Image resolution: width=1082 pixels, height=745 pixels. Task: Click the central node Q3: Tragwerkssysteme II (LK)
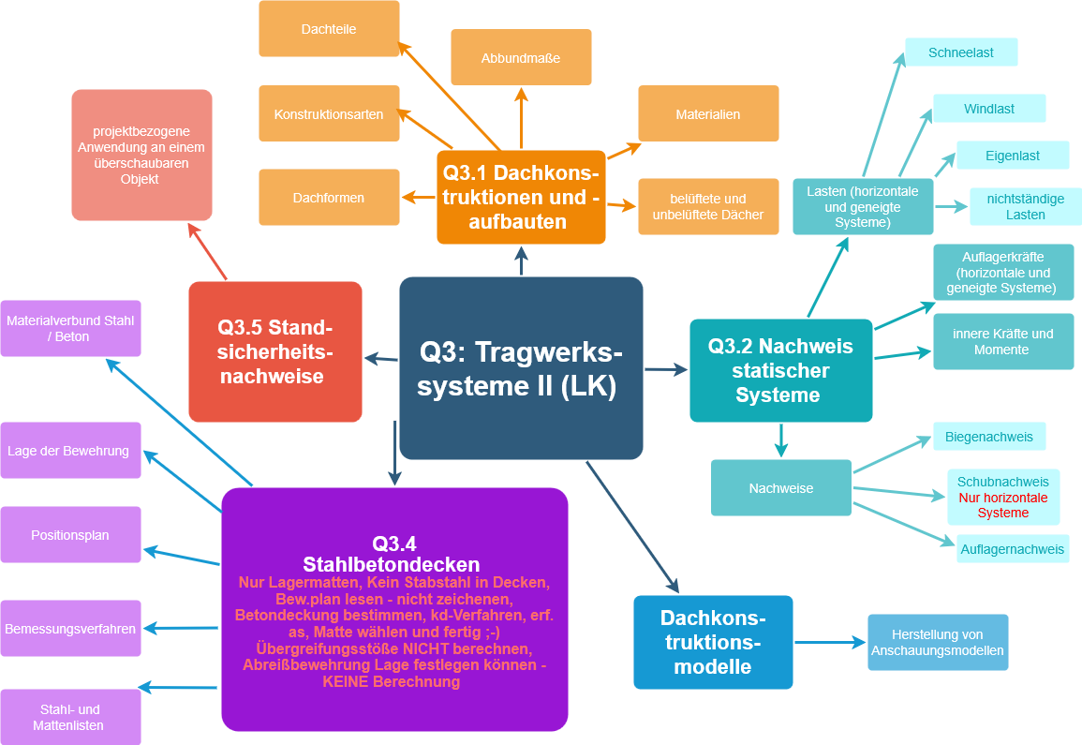point(521,368)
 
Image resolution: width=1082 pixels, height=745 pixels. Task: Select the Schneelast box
point(961,52)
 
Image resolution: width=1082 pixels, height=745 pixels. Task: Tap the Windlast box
point(989,109)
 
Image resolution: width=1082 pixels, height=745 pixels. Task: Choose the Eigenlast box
point(1012,156)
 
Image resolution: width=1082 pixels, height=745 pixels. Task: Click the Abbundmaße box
point(521,58)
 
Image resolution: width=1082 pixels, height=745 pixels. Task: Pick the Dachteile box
point(329,29)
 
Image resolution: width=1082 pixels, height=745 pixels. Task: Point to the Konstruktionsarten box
point(329,114)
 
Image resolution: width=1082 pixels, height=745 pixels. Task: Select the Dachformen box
point(329,198)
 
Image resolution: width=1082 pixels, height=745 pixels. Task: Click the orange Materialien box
point(708,114)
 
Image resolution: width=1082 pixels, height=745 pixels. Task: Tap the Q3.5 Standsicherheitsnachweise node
point(275,352)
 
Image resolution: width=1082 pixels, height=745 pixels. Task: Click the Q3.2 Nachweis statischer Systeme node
point(781,370)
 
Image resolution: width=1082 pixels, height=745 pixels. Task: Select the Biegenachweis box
point(989,437)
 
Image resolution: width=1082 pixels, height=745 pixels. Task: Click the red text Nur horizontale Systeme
point(1003,505)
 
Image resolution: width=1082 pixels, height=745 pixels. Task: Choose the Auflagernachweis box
point(1013,549)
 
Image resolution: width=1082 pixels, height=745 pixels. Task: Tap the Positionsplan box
point(70,535)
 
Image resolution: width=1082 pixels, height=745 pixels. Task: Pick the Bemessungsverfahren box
point(70,629)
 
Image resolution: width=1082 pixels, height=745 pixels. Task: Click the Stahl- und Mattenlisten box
point(70,718)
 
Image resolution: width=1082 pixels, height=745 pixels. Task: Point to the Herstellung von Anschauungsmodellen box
point(938,643)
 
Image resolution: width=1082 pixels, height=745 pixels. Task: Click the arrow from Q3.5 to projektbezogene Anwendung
point(208,252)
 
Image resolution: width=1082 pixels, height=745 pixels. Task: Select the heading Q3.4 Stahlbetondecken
point(393,555)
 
